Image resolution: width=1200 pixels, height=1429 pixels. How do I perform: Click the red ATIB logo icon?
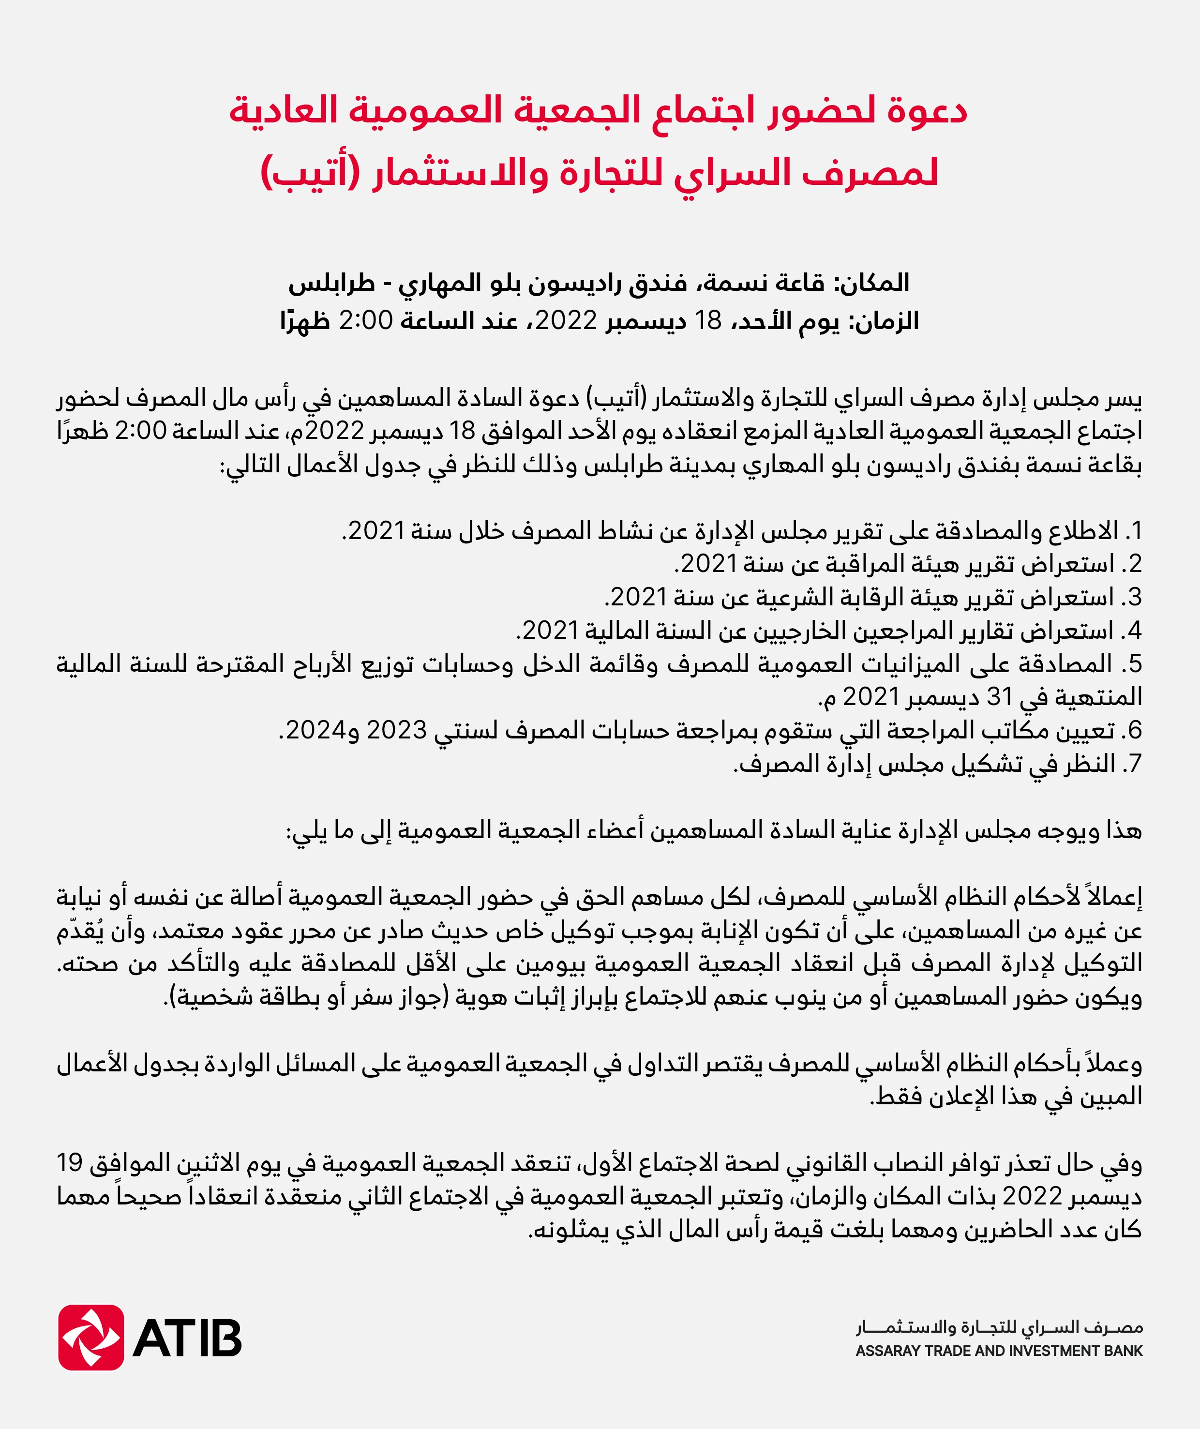[90, 1337]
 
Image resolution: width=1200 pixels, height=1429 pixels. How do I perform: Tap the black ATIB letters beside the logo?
[187, 1338]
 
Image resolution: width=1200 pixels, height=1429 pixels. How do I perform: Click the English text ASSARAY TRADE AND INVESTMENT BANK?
[999, 1351]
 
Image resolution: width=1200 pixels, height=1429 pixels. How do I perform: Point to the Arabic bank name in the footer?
[999, 1326]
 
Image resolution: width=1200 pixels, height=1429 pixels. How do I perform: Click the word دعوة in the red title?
[927, 111]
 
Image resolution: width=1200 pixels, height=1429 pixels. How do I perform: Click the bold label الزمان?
[884, 320]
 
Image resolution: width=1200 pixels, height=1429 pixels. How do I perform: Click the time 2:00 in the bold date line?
[365, 320]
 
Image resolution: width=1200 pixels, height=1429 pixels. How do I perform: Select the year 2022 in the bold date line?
[566, 320]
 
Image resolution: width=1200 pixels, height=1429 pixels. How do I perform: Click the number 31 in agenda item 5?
[999, 697]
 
